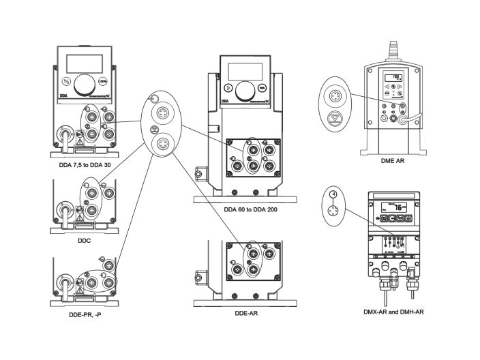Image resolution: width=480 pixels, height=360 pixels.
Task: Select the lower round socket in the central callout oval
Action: coord(164,144)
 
